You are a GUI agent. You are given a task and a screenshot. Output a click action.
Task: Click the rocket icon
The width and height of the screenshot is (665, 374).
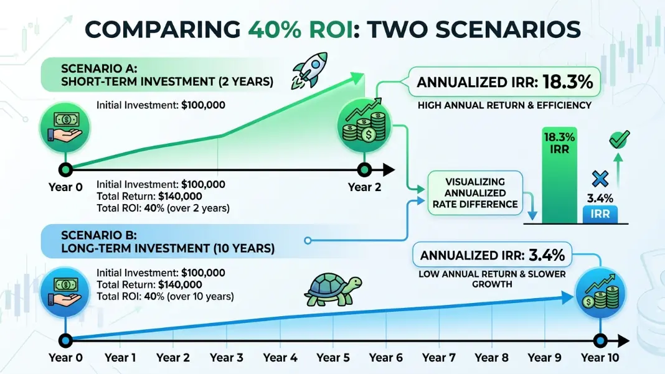pos(309,70)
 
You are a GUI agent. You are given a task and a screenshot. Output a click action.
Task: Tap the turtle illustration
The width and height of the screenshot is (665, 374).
pos(333,289)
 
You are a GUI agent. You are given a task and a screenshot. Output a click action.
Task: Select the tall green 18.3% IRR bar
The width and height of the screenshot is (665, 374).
pos(559,175)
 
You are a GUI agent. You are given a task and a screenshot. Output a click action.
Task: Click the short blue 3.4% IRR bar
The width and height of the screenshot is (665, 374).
pos(600,214)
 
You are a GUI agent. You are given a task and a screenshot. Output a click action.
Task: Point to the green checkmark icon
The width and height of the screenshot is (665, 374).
pos(619,139)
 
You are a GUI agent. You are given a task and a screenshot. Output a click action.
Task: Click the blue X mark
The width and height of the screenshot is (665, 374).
pos(600,179)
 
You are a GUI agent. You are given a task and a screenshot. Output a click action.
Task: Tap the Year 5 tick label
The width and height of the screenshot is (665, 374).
pos(333,357)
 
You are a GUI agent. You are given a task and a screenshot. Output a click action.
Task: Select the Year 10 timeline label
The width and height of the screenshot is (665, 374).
pos(600,357)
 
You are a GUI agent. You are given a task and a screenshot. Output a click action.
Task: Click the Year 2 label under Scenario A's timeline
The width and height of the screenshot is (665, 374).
pos(364,187)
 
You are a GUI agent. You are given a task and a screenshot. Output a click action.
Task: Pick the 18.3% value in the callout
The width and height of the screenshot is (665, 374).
pos(567,82)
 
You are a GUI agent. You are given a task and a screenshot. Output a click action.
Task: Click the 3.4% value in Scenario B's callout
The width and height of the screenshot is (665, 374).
pos(547,255)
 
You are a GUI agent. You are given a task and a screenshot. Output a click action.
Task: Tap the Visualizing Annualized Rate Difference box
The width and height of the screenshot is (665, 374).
pos(475,193)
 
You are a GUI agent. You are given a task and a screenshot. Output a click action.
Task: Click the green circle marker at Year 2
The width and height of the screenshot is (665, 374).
pos(364,170)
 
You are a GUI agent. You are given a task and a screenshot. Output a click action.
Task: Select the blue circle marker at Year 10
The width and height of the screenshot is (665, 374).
pos(600,340)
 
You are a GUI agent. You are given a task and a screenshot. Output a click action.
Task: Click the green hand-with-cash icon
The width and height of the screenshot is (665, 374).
pos(65,127)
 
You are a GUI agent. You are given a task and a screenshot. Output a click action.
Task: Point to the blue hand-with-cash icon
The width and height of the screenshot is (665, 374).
pos(65,292)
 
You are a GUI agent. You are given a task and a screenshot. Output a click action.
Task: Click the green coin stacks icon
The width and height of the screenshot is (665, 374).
pos(365,126)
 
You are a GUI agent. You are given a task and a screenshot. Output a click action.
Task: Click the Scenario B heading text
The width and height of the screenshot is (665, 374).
pos(167,241)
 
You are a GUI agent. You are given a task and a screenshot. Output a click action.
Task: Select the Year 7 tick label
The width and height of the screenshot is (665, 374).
pos(439,357)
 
